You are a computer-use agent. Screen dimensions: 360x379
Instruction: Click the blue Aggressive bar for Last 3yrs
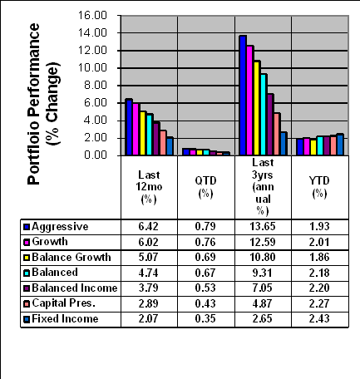pos(243,95)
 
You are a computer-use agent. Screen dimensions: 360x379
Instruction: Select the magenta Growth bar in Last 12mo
pos(136,129)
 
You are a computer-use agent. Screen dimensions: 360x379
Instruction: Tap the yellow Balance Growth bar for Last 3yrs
pos(257,108)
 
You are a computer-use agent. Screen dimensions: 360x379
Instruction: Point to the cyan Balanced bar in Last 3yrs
pos(264,114)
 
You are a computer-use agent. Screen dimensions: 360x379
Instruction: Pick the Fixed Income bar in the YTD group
pos(340,145)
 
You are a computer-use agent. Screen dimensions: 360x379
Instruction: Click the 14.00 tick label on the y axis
pos(92,33)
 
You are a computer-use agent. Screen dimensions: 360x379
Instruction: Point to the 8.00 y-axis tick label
pos(96,86)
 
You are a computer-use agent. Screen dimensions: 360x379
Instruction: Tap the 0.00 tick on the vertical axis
pos(96,155)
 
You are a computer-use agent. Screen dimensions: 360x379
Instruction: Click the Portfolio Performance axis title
pos(33,104)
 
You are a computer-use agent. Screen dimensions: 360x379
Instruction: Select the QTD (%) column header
pos(205,187)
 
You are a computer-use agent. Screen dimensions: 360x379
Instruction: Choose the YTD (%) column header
pos(319,187)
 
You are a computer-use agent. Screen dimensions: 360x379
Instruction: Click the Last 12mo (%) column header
pos(149,187)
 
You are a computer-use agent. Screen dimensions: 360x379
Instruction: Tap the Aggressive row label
pos(60,227)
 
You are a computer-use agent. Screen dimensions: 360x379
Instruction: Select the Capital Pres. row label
pos(64,303)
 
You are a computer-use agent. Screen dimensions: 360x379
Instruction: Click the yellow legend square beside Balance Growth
pos(27,258)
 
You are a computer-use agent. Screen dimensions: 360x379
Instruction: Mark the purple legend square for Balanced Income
pos(27,288)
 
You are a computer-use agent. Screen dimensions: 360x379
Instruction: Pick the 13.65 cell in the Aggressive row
pos(263,227)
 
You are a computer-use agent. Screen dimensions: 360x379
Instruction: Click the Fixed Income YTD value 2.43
pos(319,318)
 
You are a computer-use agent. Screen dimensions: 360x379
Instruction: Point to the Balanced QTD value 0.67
pos(205,273)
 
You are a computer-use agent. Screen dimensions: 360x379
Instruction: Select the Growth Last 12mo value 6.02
pos(149,242)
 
